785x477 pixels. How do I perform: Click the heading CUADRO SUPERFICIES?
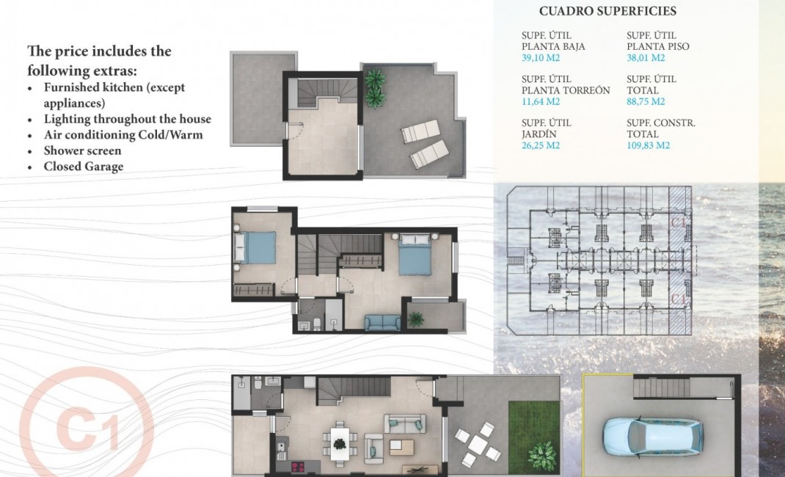tap(607, 11)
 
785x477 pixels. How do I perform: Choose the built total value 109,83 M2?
tap(649, 145)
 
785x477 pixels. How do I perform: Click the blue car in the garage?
tap(652, 436)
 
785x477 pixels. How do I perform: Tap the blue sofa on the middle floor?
tap(382, 321)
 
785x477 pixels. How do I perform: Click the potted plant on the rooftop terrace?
tap(375, 86)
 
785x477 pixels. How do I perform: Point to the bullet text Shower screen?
tap(82, 150)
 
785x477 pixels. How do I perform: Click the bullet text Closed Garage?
tap(83, 167)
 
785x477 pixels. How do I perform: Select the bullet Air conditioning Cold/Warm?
tap(123, 135)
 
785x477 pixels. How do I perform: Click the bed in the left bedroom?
tap(255, 247)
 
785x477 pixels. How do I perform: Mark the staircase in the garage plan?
tap(660, 387)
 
